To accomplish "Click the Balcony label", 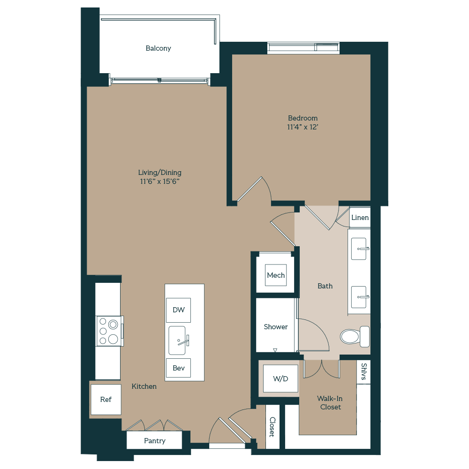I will [158, 48].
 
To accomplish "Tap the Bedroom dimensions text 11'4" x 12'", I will [303, 127].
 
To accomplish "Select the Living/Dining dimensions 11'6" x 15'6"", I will [159, 181].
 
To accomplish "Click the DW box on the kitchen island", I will [178, 310].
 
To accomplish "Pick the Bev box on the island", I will [178, 368].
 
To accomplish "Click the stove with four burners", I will [108, 331].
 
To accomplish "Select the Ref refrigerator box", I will [106, 400].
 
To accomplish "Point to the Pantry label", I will [154, 441].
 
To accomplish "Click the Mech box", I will [276, 275].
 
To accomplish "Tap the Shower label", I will [276, 327].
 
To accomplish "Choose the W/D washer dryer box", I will [280, 378].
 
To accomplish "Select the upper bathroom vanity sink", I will [360, 249].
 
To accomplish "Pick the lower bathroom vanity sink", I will [360, 296].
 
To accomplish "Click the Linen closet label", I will [360, 218].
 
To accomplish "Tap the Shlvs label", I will [364, 372].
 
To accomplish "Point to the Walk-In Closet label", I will [330, 403].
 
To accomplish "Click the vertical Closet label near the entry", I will [272, 427].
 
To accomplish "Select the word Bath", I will [325, 286].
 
